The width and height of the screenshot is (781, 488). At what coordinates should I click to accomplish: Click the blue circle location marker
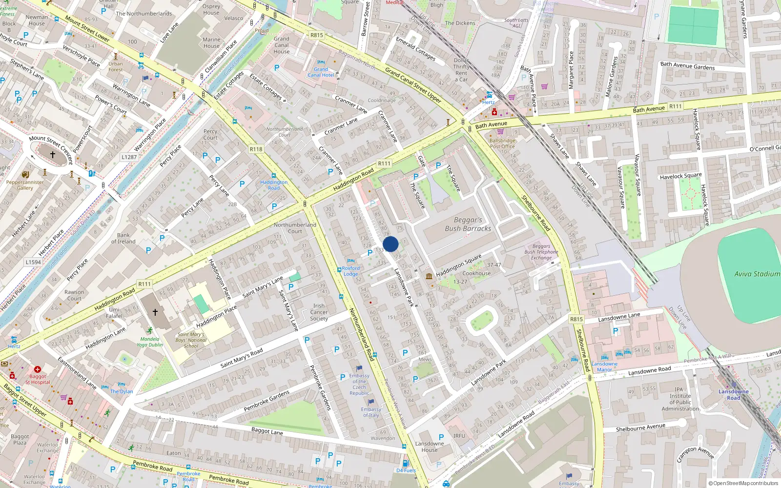390,244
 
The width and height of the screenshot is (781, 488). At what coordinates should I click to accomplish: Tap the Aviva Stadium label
757,274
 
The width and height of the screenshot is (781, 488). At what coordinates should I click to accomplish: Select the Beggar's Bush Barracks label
468,224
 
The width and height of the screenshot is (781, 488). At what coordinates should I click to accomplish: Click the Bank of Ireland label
123,238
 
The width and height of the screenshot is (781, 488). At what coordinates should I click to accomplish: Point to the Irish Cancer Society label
319,312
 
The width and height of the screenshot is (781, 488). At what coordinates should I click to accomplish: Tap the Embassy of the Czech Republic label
359,385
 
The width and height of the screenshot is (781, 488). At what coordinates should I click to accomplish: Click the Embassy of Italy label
371,412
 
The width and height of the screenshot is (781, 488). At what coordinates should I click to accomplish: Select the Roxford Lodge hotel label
350,271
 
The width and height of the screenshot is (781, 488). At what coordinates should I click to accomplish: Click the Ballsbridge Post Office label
502,143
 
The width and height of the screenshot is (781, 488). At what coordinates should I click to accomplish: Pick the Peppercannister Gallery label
25,185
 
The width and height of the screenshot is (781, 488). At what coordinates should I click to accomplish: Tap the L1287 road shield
129,157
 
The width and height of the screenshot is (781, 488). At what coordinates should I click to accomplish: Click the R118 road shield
256,149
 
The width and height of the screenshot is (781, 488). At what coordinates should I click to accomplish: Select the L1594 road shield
33,262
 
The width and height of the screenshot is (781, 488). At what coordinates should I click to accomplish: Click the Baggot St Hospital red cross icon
38,369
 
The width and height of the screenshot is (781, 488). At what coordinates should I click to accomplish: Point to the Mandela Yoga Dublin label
149,342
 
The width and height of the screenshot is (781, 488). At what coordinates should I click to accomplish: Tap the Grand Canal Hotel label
321,72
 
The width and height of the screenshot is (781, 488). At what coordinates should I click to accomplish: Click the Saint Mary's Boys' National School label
191,340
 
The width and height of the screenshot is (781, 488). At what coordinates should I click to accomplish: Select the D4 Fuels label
406,470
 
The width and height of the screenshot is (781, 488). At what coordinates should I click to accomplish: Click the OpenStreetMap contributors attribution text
743,483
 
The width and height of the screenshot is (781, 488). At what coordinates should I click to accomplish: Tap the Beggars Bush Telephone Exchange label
541,252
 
